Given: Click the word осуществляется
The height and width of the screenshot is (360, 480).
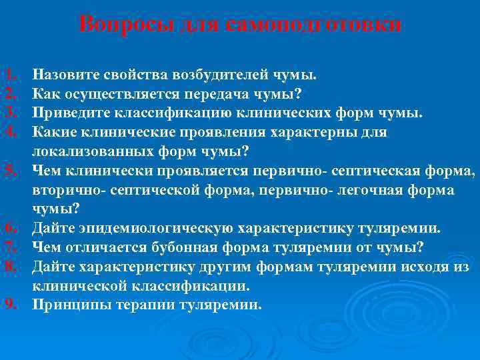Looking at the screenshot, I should click(126, 93).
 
